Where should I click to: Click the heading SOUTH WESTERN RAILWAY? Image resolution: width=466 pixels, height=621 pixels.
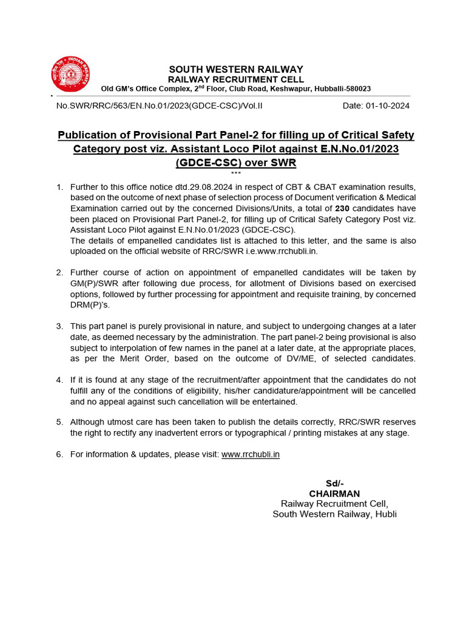[236, 69]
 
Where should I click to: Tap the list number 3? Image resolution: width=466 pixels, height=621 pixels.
[59, 326]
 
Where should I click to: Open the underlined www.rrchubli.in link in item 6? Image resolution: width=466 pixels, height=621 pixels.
[251, 454]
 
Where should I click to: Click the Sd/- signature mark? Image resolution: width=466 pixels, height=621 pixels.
[334, 483]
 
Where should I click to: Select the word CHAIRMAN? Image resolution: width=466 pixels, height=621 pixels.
[334, 494]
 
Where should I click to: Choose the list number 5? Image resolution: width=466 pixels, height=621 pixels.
[59, 421]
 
